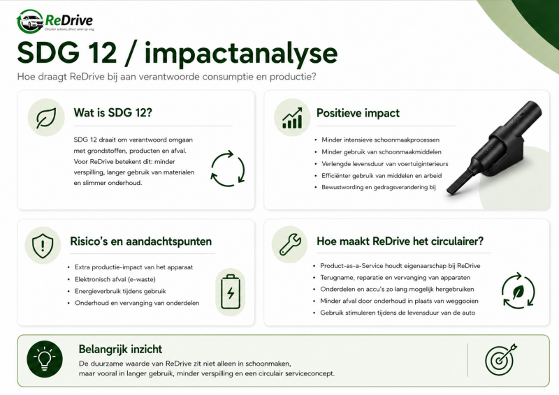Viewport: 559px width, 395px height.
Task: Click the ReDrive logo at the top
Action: [x=55, y=22]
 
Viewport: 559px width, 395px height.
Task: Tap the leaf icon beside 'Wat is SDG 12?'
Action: [x=46, y=118]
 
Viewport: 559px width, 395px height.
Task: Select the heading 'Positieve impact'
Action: [x=358, y=113]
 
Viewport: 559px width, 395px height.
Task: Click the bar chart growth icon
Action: [x=292, y=118]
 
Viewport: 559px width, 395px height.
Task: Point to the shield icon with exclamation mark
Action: [x=43, y=246]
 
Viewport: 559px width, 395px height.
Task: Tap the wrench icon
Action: [x=290, y=244]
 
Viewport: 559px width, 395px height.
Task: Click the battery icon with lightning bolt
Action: [x=231, y=292]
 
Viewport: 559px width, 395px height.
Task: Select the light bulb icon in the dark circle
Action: [x=45, y=359]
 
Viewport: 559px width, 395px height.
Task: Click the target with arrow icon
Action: [x=501, y=359]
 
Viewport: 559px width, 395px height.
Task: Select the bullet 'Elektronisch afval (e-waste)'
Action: [x=115, y=280]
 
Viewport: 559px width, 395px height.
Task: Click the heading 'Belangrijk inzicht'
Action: [x=120, y=349]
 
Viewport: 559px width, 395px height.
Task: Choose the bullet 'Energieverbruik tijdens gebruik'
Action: [x=120, y=291]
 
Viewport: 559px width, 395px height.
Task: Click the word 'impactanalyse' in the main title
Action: [x=241, y=54]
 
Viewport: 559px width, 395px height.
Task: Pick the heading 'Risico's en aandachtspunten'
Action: [x=141, y=241]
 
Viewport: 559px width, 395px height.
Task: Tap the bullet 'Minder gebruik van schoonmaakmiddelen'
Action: [x=381, y=152]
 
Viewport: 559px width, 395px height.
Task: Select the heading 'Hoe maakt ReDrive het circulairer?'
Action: [x=400, y=241]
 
